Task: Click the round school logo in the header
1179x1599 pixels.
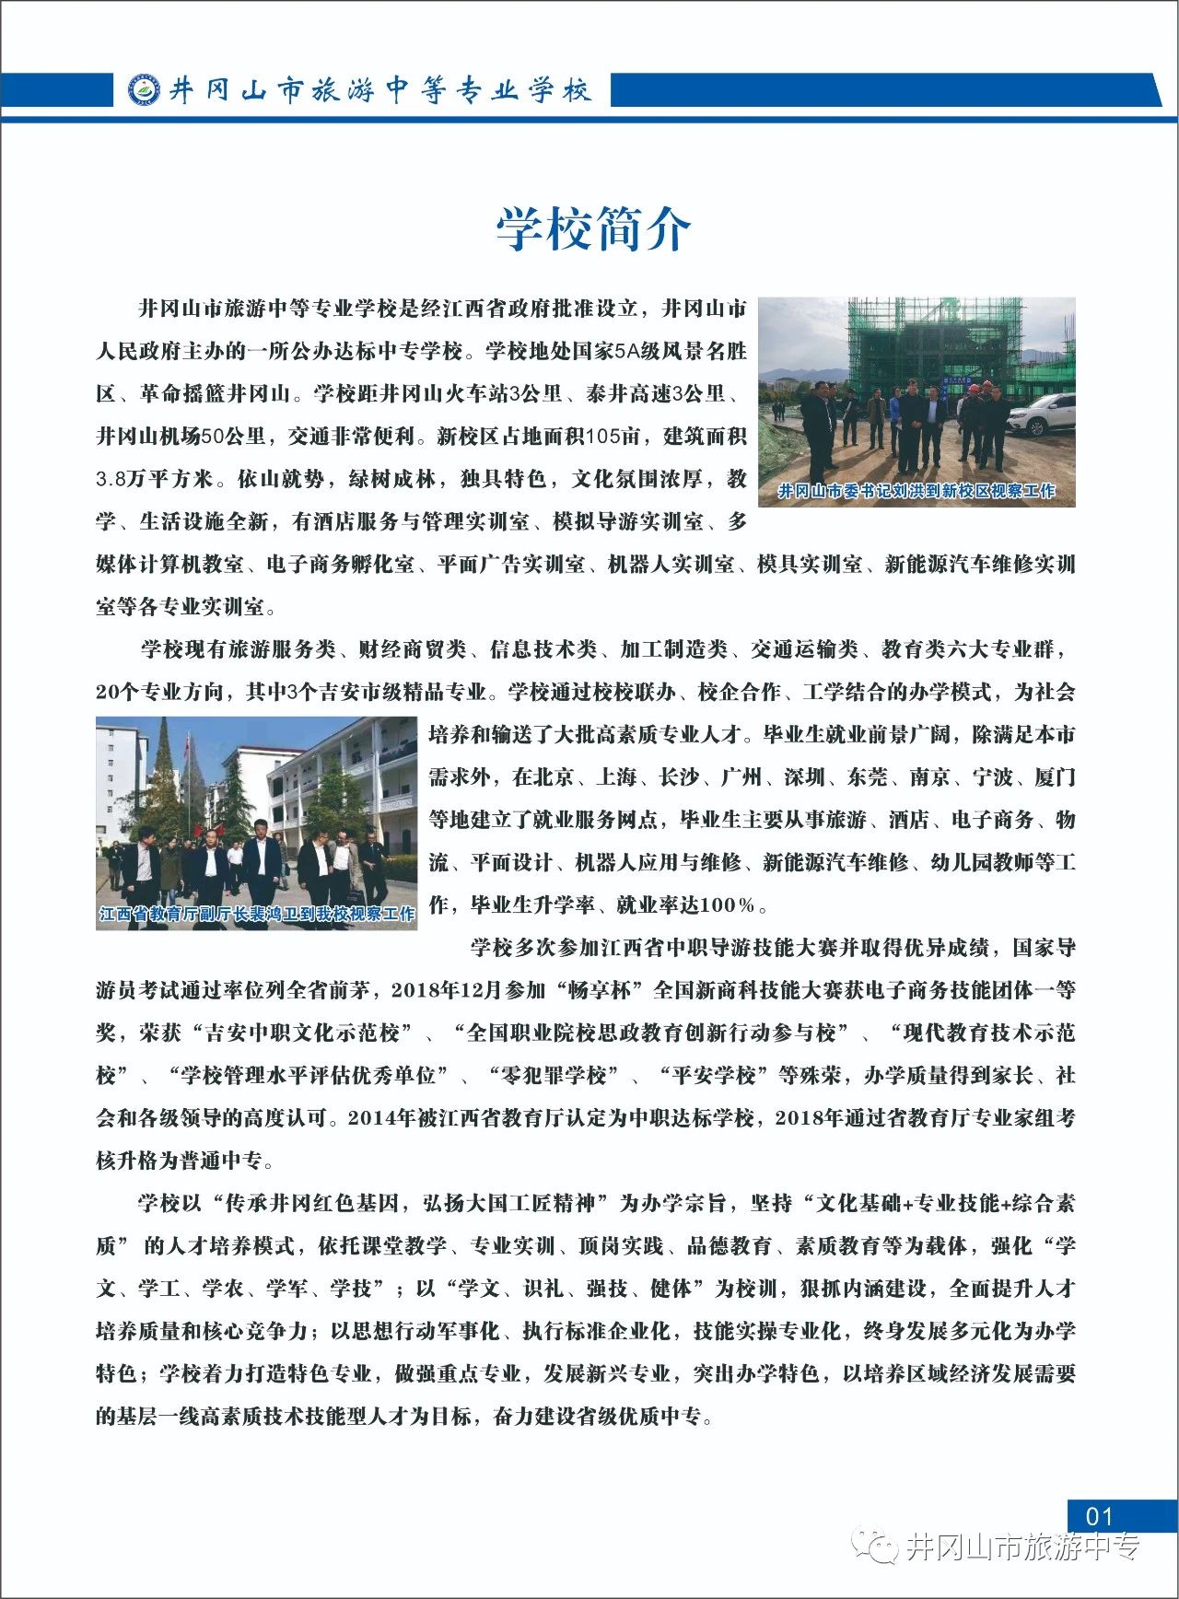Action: [144, 90]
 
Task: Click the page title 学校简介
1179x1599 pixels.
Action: [592, 228]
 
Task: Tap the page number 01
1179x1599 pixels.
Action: [1100, 1516]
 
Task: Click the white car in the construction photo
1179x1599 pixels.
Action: [1042, 414]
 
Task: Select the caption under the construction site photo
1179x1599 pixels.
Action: [916, 491]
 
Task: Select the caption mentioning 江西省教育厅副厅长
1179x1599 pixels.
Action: [257, 914]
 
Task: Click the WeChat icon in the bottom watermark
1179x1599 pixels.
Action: [874, 1546]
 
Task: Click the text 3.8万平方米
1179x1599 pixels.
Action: [156, 480]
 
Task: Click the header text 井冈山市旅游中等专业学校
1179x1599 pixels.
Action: [379, 90]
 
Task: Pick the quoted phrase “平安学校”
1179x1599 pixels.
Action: [707, 1076]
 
